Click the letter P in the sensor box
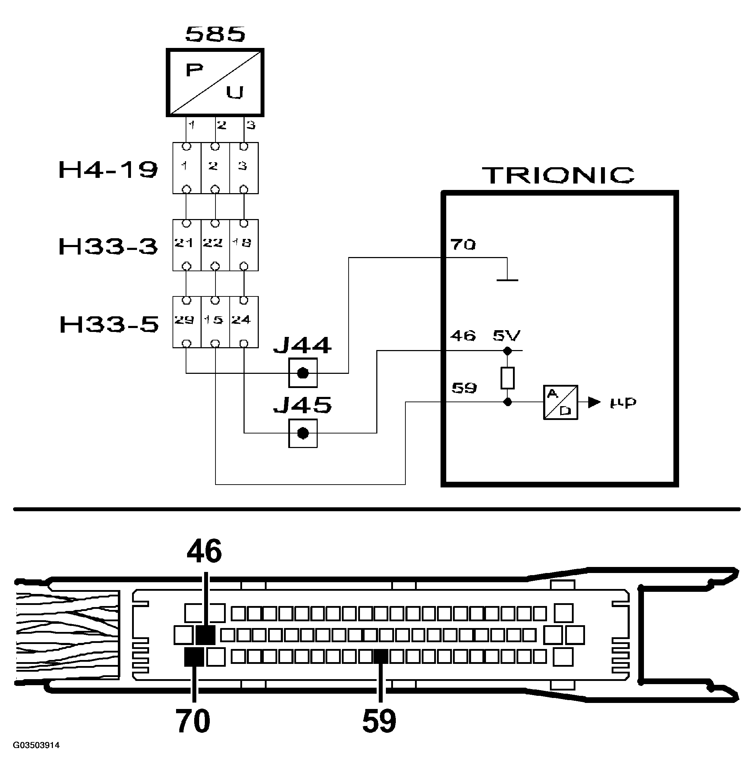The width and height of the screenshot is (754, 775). click(194, 71)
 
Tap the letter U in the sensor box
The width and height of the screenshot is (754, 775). click(234, 93)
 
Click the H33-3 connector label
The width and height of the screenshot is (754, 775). click(108, 246)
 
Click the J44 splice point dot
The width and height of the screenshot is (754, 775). click(303, 373)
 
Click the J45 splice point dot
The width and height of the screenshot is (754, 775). click(303, 433)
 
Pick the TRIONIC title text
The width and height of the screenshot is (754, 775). click(558, 175)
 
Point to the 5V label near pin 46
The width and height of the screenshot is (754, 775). click(507, 336)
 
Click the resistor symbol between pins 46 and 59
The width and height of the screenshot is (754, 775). click(507, 377)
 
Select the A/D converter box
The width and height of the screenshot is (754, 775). click(560, 402)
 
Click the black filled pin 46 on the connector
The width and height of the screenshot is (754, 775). click(206, 635)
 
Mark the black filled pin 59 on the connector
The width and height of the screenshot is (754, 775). click(381, 657)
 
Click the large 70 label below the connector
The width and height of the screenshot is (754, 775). click(193, 721)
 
